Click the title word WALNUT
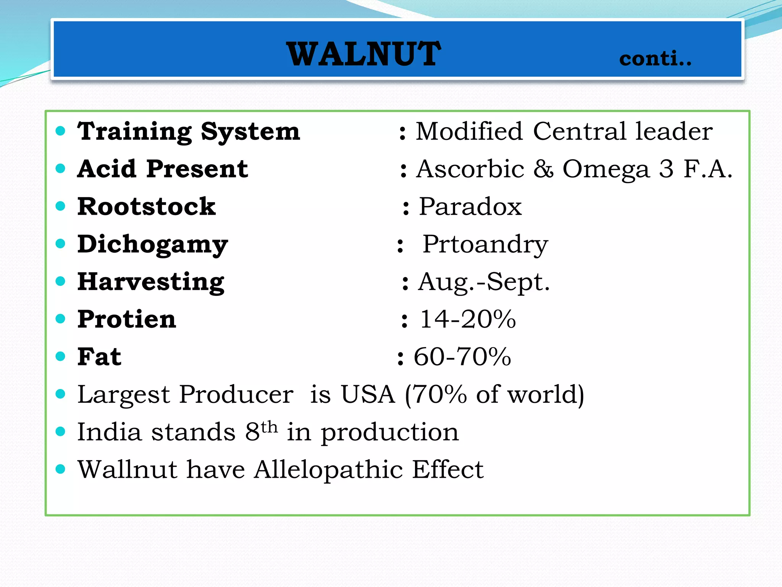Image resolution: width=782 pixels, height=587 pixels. pos(364,54)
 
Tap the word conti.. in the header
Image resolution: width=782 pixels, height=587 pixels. pos(655,58)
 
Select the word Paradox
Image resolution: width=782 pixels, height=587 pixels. pos(470,207)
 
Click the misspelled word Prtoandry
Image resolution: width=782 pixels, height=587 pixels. pos(485,245)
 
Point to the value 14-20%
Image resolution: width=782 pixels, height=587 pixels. pos(468,319)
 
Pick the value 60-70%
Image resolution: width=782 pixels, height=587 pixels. pos(462,357)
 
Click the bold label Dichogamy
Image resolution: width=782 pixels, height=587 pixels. pos(153,245)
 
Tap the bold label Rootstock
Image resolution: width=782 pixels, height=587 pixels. pos(147,207)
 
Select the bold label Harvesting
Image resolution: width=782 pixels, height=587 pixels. pos(151,282)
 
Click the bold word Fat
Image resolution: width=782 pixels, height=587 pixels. pos(99,357)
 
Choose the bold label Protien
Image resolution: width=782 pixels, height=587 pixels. pos(127,319)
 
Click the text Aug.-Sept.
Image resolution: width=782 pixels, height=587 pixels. pos(484,282)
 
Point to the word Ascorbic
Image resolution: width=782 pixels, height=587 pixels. pos(470,169)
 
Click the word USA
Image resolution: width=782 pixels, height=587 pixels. pos(368,394)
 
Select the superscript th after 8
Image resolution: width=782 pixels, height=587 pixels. pos(270,426)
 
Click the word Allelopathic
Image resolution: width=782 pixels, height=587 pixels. pos(328,470)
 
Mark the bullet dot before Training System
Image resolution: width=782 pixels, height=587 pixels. pos(60,131)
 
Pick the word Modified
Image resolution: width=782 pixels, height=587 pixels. pos(469,131)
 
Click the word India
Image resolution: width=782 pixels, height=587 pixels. pos(109,432)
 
